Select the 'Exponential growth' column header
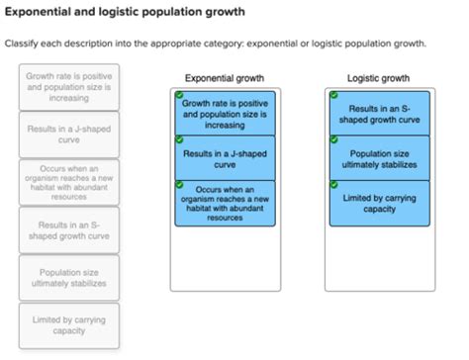point(225,77)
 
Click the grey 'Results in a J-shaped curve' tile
point(69,135)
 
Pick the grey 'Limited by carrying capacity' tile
point(69,325)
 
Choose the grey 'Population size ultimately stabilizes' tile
point(69,278)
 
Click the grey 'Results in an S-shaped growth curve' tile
point(69,230)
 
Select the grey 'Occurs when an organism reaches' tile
point(69,182)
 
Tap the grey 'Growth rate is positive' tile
point(69,87)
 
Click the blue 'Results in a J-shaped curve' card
point(225,159)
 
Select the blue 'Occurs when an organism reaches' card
point(225,202)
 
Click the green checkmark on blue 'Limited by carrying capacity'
point(333,185)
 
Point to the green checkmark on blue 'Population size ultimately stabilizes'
point(333,140)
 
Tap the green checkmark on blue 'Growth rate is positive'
point(180,96)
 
